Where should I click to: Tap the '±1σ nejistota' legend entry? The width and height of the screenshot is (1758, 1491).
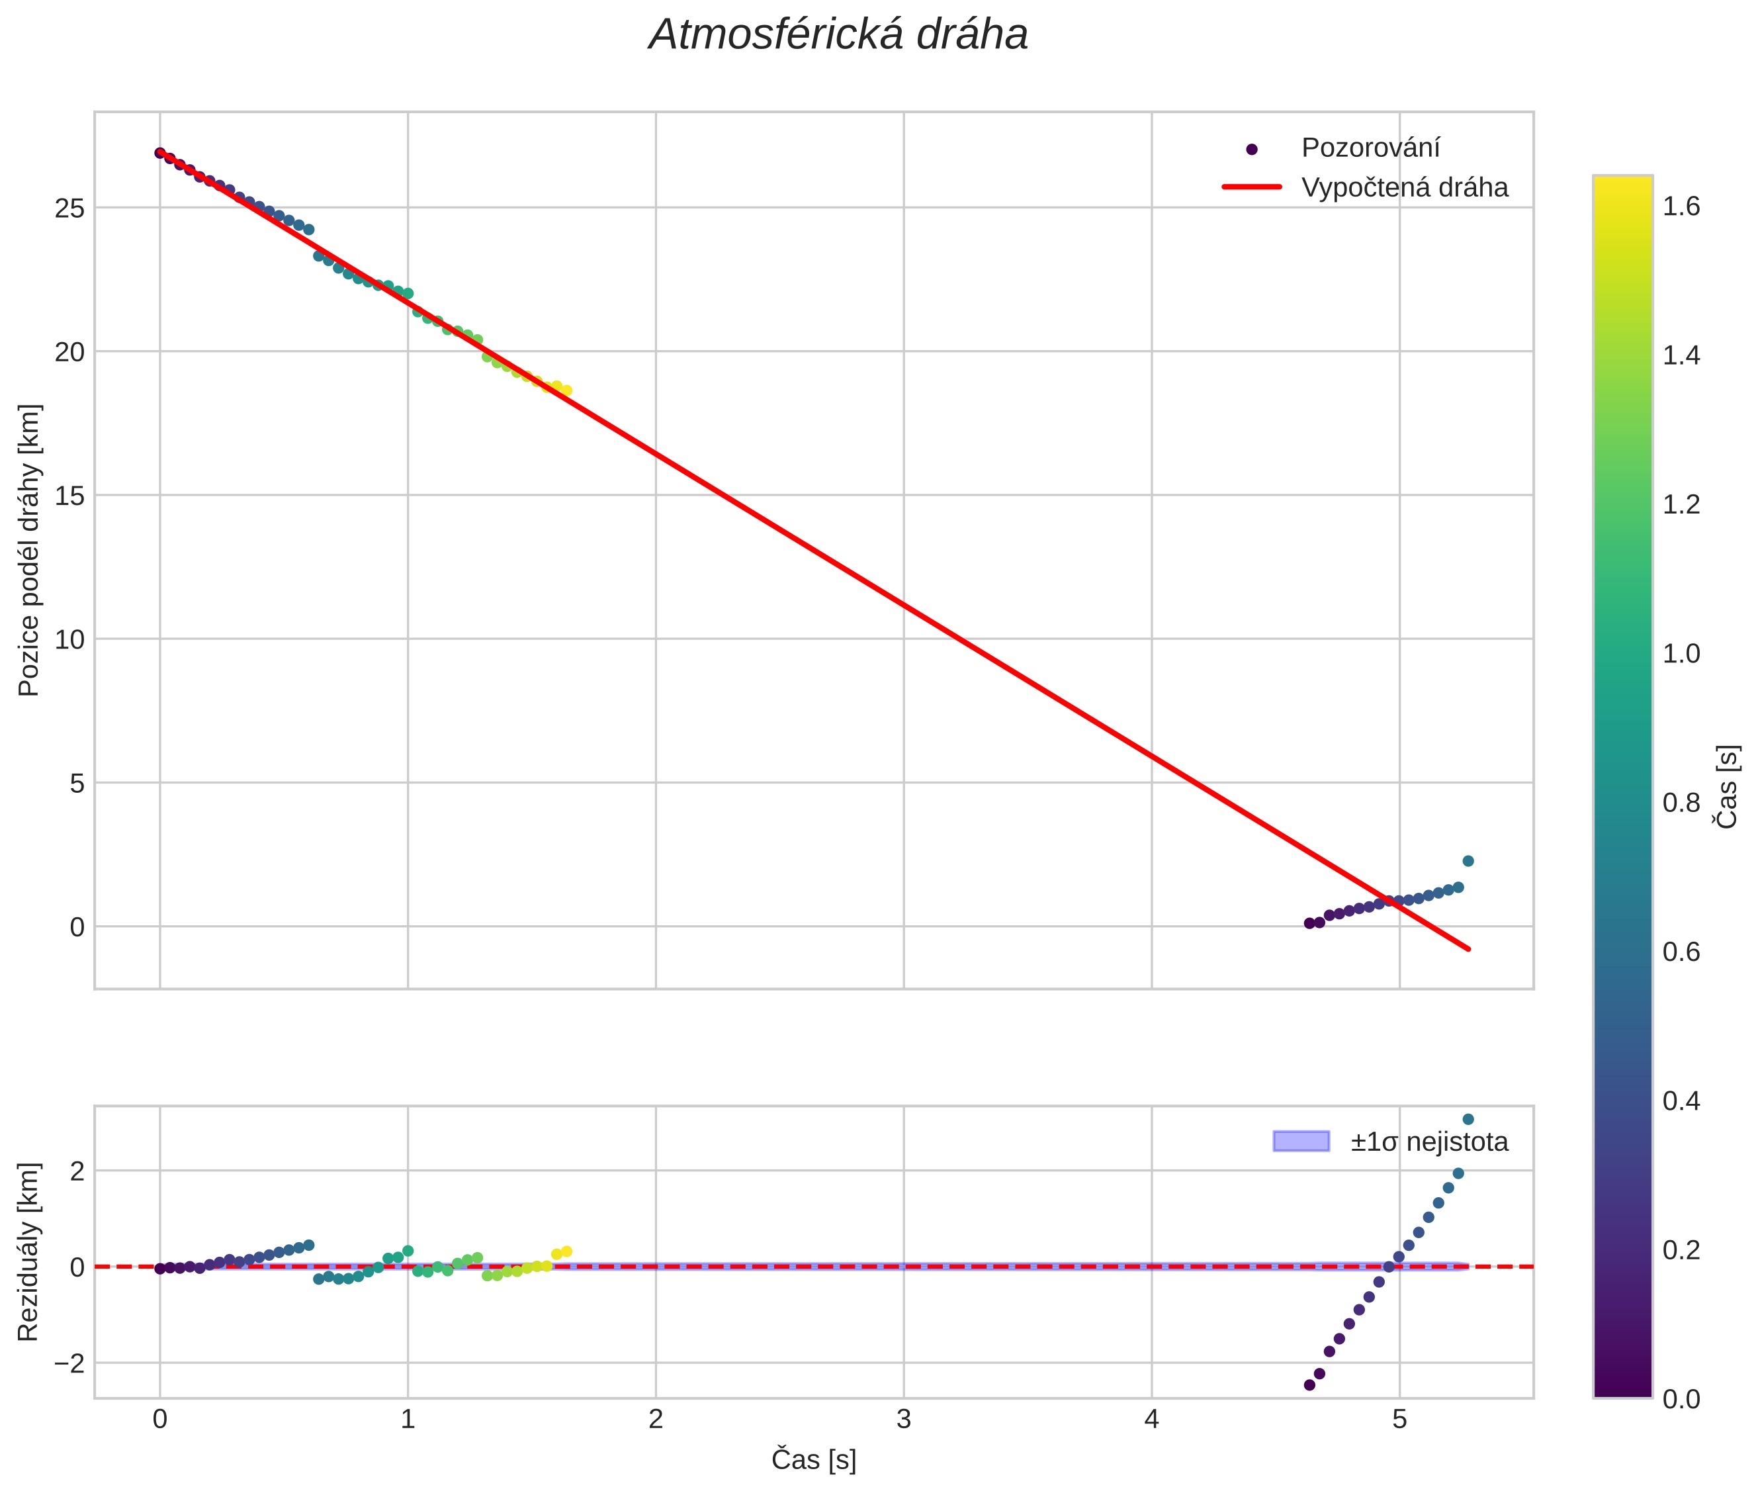1428,1142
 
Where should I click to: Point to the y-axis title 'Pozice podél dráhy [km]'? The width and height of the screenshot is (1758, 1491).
30,550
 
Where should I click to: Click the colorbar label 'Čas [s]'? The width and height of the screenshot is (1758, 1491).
1728,787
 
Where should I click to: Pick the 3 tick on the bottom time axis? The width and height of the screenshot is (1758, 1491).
904,1419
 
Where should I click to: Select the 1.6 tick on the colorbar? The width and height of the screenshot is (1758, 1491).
1681,207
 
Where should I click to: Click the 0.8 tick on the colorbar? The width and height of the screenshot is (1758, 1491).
1681,803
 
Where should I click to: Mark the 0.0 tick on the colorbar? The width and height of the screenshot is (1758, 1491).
1681,1400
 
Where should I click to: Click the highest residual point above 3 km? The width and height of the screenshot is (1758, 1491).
1468,1119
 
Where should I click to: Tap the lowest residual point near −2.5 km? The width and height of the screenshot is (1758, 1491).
1309,1385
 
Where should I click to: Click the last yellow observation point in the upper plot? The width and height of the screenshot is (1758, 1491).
566,390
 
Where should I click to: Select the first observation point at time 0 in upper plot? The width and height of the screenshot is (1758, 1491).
159,153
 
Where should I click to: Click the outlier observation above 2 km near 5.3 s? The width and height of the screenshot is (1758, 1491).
1468,861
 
